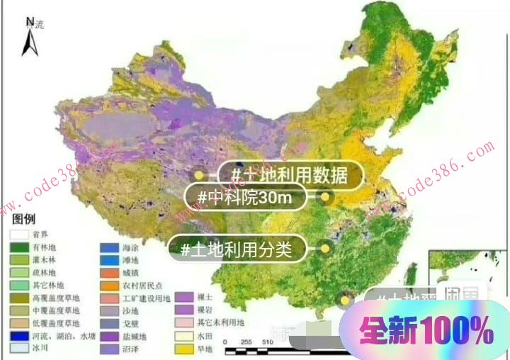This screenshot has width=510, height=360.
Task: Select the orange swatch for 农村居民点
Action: pyautogui.click(x=108, y=286)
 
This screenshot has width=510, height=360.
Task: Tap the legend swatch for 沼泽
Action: pyautogui.click(x=108, y=349)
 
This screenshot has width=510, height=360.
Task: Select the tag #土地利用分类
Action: pyautogui.click(x=241, y=249)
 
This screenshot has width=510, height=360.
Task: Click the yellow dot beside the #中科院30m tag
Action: pyautogui.click(x=326, y=197)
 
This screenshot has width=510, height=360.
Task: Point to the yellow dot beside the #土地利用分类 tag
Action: pyautogui.click(x=326, y=249)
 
